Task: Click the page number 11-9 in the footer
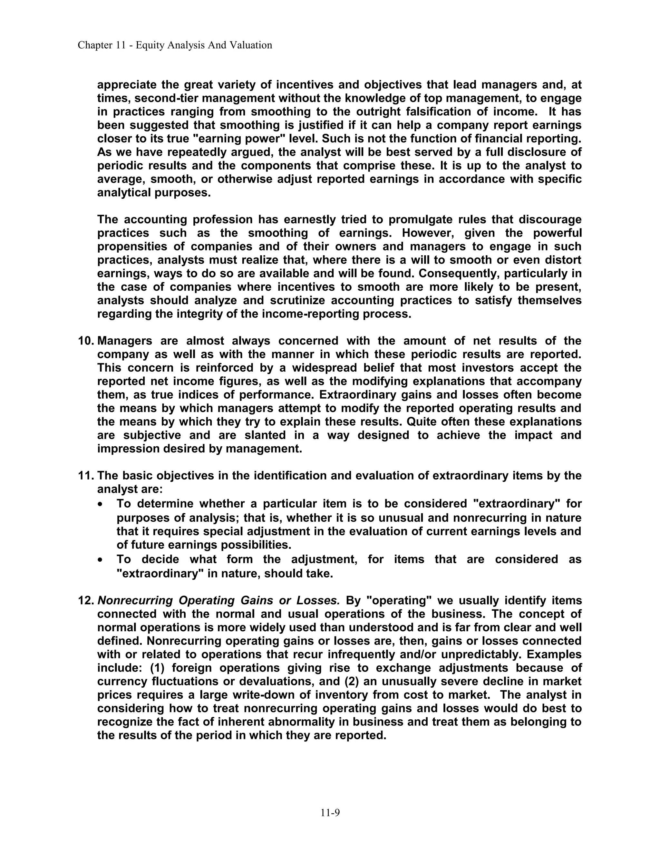point(330,812)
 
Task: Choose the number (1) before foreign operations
point(158,668)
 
